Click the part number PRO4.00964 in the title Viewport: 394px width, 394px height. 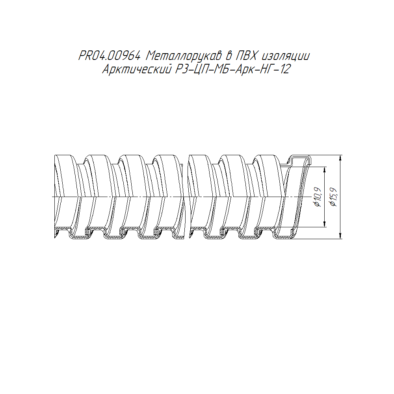(x=109, y=56)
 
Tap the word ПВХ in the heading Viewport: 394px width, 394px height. (x=246, y=56)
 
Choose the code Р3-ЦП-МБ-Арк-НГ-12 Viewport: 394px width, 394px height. (x=233, y=69)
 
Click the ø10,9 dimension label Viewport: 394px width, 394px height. (x=318, y=197)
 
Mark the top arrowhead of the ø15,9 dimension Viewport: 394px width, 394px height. (x=340, y=158)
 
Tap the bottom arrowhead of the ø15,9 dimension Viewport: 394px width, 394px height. (x=340, y=236)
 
